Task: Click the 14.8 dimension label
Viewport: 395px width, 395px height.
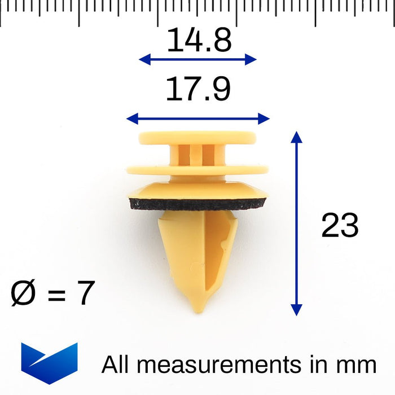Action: point(199,40)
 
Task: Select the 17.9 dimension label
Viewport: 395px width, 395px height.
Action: point(198,89)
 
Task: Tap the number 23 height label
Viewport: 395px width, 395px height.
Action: point(340,225)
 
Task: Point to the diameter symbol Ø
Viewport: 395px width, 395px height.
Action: point(23,293)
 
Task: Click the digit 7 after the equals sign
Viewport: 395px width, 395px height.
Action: point(86,293)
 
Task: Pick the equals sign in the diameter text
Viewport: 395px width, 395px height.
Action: point(56,295)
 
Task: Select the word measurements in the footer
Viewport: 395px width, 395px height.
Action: point(219,365)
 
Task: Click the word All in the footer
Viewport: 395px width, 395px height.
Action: point(115,364)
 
